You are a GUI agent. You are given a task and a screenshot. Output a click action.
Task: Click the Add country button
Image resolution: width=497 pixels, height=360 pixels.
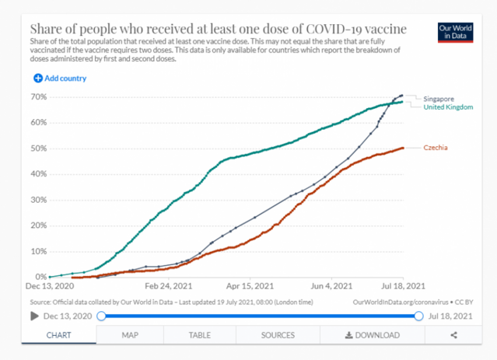tap(60, 79)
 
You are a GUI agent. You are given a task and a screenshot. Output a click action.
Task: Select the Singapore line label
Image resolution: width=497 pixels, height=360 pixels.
tap(439, 99)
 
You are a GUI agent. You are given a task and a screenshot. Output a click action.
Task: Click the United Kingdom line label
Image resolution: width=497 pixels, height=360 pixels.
tap(448, 107)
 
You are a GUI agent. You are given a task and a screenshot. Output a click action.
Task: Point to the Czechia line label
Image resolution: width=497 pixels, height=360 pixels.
tap(436, 148)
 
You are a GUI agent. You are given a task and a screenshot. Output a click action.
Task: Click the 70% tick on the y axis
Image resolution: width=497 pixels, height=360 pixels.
tap(37, 97)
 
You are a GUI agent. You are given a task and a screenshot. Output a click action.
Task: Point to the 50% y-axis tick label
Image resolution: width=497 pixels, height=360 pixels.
tap(37, 149)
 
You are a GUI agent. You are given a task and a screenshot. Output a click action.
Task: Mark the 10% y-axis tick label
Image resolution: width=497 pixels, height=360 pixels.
tap(37, 252)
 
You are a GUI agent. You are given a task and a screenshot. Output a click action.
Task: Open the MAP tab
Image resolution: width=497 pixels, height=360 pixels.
tap(130, 335)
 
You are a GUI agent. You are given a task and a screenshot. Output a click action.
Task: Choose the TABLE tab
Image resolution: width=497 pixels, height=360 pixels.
tap(199, 335)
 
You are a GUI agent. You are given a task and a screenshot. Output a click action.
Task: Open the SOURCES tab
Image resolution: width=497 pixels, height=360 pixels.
tap(278, 335)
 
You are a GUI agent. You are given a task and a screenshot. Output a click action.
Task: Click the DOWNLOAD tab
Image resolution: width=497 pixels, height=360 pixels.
tap(372, 335)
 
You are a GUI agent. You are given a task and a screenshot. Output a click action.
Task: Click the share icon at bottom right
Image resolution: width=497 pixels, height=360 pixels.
tap(453, 335)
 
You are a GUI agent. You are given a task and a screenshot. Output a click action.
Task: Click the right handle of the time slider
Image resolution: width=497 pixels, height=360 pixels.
tap(419, 316)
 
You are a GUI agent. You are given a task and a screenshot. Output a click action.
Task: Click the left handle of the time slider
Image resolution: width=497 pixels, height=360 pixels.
tap(101, 316)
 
